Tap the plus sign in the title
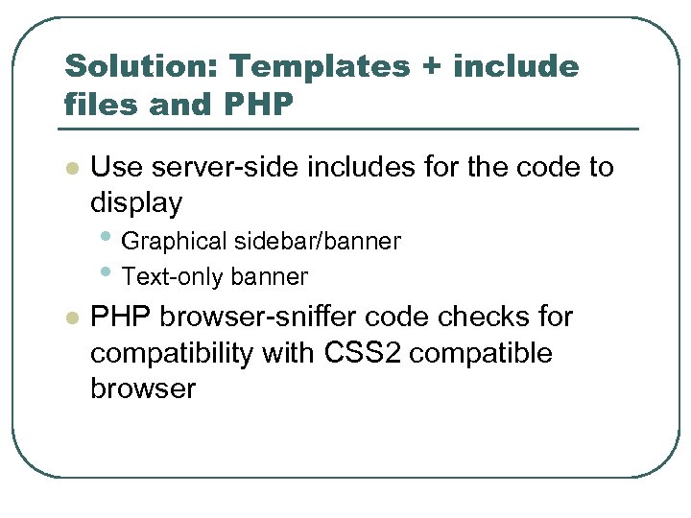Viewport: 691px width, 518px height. [430, 67]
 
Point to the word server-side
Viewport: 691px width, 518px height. [220, 167]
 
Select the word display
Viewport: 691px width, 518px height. [135, 203]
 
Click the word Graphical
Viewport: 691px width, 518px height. [175, 241]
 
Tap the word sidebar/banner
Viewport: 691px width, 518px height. [317, 241]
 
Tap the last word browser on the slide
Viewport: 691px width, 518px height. [142, 388]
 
